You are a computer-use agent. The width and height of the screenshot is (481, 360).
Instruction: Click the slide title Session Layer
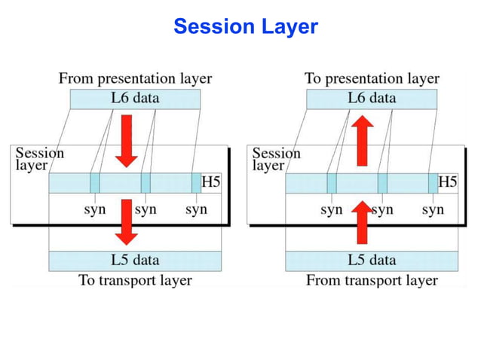246,27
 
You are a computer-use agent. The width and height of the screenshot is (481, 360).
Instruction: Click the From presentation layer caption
135,78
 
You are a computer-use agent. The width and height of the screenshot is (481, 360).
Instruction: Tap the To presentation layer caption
372,78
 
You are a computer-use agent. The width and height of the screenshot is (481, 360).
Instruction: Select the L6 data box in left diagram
136,98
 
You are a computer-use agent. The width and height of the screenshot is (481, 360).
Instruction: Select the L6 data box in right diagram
372,98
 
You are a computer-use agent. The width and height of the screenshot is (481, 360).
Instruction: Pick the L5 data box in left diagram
136,261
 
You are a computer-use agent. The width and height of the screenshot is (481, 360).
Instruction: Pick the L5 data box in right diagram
372,261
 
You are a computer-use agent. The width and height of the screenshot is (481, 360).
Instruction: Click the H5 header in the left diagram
211,182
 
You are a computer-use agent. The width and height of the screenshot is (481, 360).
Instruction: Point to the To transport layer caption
136,280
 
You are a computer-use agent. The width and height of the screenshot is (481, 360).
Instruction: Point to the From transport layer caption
372,280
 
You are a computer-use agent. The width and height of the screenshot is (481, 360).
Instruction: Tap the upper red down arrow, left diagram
127,141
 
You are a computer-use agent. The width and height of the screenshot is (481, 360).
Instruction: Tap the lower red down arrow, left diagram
127,222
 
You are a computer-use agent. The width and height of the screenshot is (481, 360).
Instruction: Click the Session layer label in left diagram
40,158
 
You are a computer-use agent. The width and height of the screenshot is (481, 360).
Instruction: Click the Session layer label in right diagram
276,158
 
